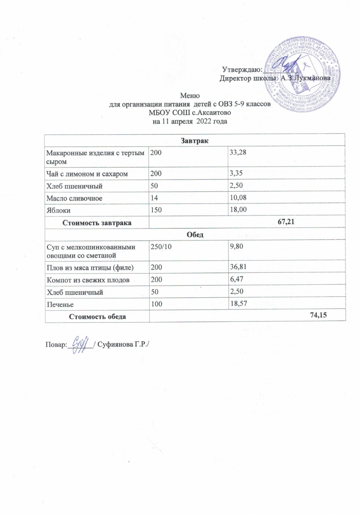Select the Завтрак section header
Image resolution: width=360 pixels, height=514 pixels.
point(188,140)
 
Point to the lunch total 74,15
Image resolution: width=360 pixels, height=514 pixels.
point(319,316)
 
